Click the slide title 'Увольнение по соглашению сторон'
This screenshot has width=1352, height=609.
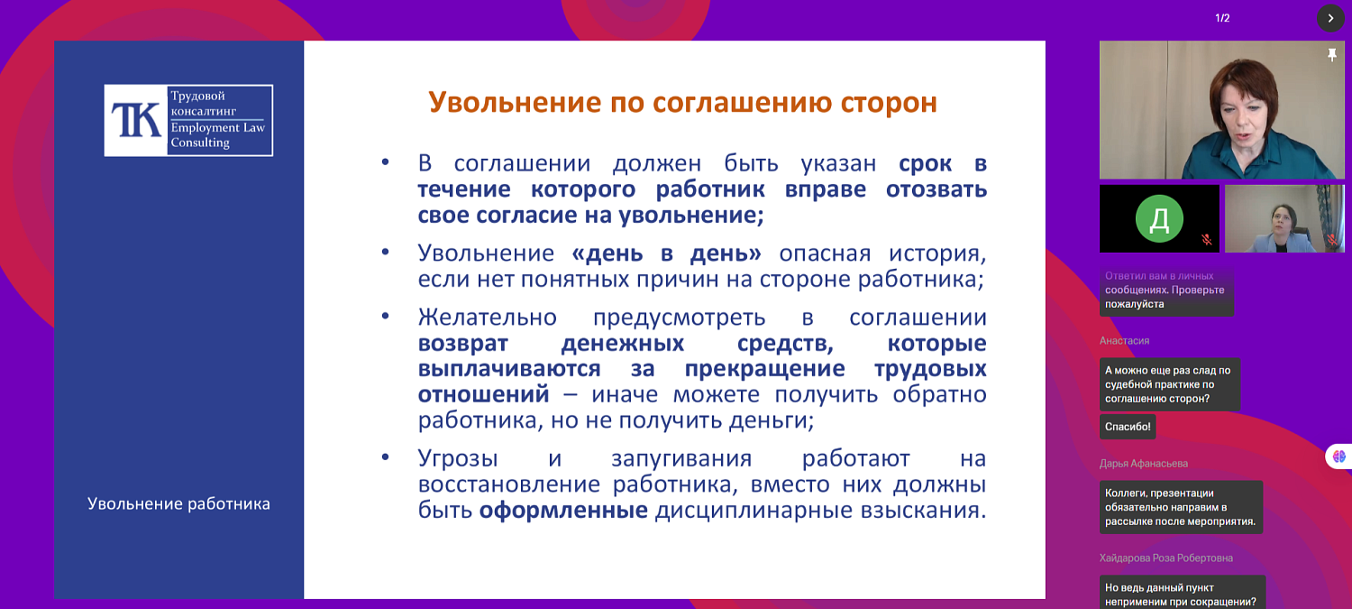point(682,102)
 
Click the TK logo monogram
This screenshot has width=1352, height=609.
point(136,121)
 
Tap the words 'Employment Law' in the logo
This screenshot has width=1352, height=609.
point(218,128)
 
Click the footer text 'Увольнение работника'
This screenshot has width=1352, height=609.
point(178,503)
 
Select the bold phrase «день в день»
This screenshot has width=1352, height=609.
point(666,253)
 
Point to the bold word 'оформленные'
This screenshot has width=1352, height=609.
point(563,511)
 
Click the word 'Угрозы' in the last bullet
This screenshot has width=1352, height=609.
point(458,458)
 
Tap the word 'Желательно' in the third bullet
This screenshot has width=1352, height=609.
point(487,318)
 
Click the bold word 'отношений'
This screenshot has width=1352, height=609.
point(483,394)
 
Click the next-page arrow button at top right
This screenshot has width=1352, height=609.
point(1330,18)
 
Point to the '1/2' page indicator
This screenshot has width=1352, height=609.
point(1222,18)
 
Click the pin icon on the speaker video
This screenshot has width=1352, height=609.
point(1332,55)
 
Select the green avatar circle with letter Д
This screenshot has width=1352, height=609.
point(1159,218)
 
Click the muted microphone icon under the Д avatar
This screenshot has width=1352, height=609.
point(1206,240)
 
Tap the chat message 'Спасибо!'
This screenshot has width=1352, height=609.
point(1127,427)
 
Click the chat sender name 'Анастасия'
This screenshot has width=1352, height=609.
point(1124,341)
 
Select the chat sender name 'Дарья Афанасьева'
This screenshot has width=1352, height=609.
point(1144,464)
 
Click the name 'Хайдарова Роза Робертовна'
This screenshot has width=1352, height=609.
point(1165,558)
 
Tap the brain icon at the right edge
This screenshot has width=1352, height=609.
point(1338,457)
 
